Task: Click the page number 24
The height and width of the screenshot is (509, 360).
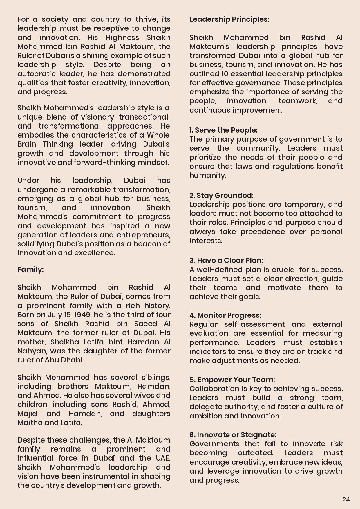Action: point(346,499)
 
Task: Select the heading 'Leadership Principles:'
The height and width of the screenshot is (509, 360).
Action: point(229,19)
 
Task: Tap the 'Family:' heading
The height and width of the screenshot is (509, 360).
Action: point(30,269)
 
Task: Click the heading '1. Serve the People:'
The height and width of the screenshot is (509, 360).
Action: point(223,130)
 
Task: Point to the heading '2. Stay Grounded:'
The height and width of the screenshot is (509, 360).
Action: point(221,195)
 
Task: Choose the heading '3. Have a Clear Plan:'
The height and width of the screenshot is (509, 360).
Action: point(226,260)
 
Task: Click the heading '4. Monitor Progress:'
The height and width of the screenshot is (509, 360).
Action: point(225,315)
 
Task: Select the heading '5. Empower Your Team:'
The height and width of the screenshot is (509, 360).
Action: point(232,380)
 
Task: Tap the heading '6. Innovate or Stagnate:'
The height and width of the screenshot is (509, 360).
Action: point(233,435)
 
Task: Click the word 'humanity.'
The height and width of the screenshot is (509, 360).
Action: point(208,175)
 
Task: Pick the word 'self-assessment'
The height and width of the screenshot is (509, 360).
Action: point(254,324)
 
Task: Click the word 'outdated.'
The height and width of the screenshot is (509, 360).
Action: point(255,453)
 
